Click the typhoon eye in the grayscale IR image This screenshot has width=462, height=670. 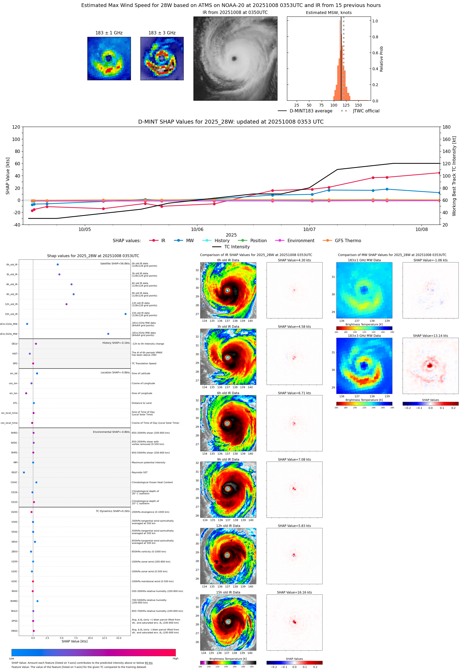(234, 59)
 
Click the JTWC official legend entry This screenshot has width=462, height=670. (366, 111)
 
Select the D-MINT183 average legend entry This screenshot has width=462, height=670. (311, 111)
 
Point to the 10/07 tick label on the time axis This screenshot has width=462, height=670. (309, 229)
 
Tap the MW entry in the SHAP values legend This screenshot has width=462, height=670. (190, 241)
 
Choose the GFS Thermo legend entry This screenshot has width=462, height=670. (348, 241)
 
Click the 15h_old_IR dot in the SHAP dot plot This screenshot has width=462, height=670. (125, 314)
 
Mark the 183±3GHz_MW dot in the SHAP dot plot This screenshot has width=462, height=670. (108, 334)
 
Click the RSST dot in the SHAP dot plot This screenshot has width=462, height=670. (24, 472)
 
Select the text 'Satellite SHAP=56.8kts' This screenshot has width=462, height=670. (115, 263)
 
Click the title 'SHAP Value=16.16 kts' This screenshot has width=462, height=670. (294, 592)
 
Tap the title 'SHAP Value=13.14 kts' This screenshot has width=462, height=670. (430, 336)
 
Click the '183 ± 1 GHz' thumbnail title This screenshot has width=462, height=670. (109, 33)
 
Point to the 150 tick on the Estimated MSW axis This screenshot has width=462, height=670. (358, 105)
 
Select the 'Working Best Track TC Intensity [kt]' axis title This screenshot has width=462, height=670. (454, 176)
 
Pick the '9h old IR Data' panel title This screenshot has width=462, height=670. (228, 459)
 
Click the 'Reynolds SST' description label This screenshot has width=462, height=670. (140, 472)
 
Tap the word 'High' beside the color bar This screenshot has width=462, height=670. (175, 659)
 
